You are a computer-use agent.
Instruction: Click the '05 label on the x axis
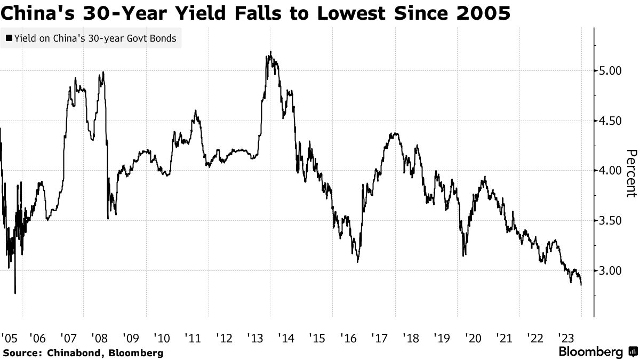click(10, 338)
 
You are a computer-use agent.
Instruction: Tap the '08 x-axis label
click(99, 338)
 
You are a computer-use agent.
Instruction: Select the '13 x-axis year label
click(255, 338)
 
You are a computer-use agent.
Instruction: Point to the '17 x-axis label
click(379, 338)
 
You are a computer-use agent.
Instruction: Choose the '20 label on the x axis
click(473, 338)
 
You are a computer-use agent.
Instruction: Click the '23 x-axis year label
click(566, 338)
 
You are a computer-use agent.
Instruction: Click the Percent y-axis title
click(631, 173)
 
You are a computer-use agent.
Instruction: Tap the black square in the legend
click(9, 38)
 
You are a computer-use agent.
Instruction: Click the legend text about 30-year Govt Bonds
click(95, 38)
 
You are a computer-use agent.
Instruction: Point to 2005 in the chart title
click(483, 13)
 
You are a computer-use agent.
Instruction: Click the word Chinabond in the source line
click(73, 353)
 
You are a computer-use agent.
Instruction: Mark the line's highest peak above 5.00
click(270, 52)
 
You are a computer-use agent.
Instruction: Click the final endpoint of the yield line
click(581, 285)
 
